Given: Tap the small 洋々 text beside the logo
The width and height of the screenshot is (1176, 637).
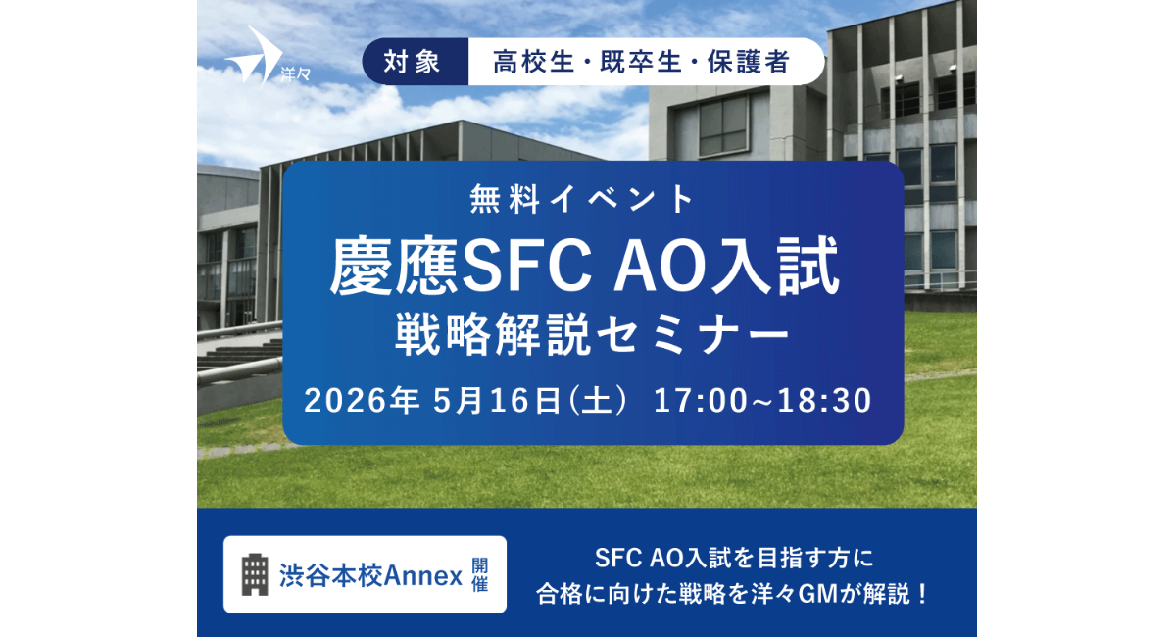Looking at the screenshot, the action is pos(296,75).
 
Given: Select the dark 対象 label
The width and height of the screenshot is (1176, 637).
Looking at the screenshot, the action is pos(413,62).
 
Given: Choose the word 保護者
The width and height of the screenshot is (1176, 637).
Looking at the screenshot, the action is pos(749,62).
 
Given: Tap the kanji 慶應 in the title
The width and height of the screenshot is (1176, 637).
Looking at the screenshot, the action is pos(395,266).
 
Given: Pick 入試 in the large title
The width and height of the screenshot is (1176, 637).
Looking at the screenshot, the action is pos(774,266).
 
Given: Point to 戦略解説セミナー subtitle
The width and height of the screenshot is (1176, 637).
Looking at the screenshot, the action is pos(592,334).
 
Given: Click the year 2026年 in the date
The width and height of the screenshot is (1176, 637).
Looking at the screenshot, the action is pos(362,400).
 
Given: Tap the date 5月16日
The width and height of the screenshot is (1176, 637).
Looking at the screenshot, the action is pos(497,400).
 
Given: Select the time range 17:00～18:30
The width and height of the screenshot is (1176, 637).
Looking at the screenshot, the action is pos(762,400).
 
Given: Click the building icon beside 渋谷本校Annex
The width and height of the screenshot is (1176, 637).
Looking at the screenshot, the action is pos(255,574).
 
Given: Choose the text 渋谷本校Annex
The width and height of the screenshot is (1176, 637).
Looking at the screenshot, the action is pos(370,576).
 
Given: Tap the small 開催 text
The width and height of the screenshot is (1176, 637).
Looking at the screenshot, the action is pos(480,574).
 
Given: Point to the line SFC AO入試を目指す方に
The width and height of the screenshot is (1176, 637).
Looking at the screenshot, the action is pos(734,559).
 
